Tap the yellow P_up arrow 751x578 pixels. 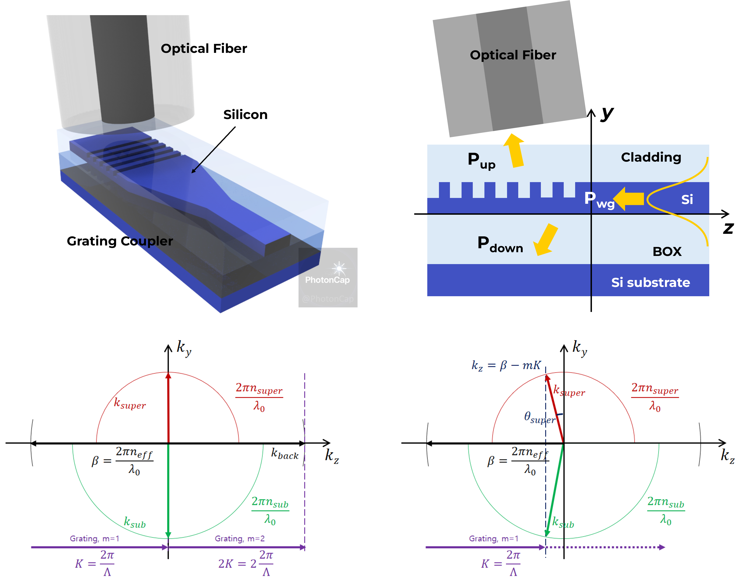[515, 151]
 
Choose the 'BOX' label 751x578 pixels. [667, 252]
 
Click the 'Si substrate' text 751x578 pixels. [650, 282]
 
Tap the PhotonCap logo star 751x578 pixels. [339, 268]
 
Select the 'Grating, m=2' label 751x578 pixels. [240, 538]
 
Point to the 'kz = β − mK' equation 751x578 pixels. [506, 365]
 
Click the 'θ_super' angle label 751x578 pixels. [539, 417]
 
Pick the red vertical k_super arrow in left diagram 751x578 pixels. [168, 409]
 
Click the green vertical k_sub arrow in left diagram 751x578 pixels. [168, 491]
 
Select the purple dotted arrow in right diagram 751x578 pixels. [605, 547]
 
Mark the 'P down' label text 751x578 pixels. [500, 245]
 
